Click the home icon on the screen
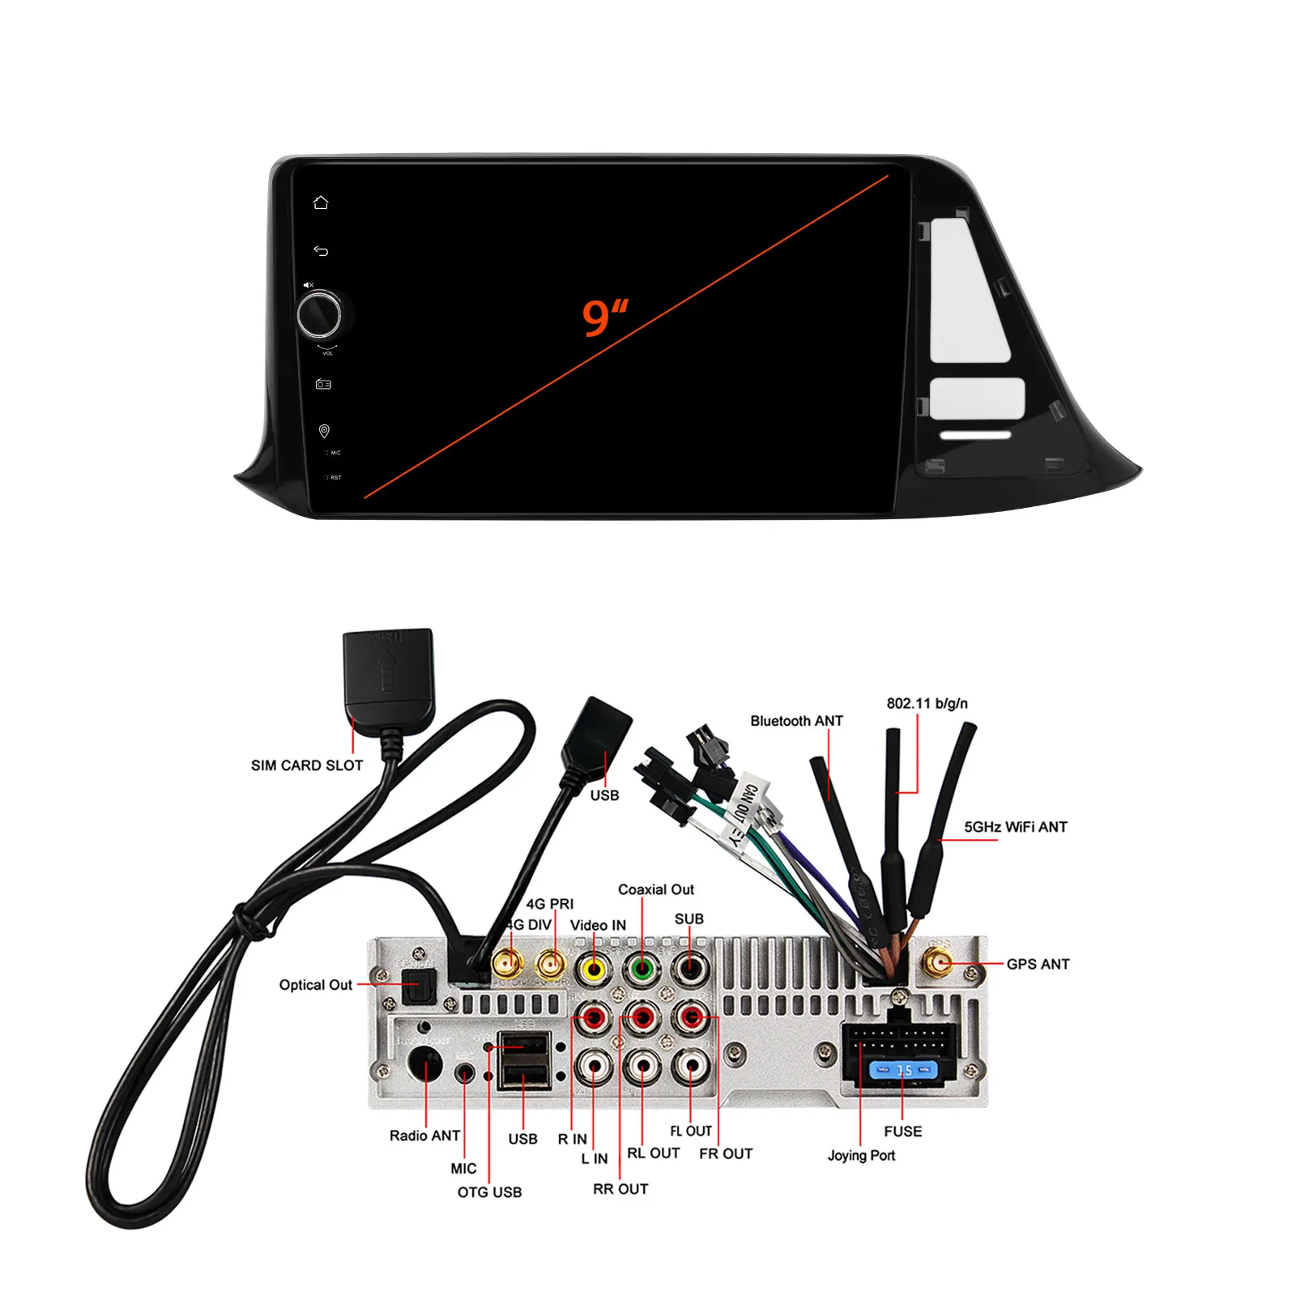[x=321, y=202]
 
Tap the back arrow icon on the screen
[x=321, y=251]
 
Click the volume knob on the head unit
[x=319, y=315]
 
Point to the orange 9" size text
[x=605, y=317]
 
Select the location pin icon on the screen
[x=324, y=431]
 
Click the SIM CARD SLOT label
[x=307, y=765]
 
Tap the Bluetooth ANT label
[x=796, y=721]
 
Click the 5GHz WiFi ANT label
[x=1015, y=827]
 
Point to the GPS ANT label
[x=1038, y=964]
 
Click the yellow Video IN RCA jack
[x=595, y=967]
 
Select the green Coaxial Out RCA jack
[x=642, y=967]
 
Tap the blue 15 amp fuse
[x=903, y=1071]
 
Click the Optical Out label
[x=315, y=985]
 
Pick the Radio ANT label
[x=424, y=1136]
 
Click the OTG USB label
[x=489, y=1192]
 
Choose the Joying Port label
[x=861, y=1155]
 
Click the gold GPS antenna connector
[x=939, y=963]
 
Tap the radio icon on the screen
[x=323, y=384]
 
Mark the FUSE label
[x=902, y=1132]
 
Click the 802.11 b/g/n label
[x=927, y=703]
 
